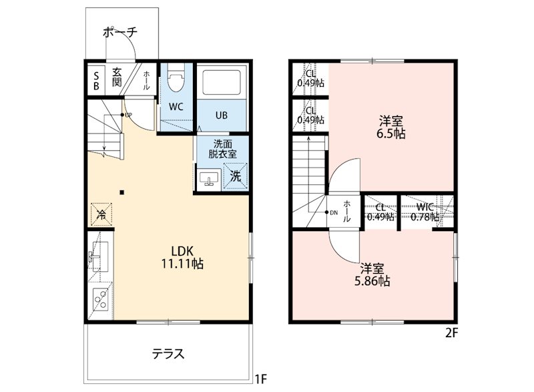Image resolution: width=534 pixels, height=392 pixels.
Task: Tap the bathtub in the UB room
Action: coord(222,82)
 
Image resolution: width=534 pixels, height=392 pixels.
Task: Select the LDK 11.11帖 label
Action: coord(182,257)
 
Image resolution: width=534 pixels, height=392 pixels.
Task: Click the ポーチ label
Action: coord(120,32)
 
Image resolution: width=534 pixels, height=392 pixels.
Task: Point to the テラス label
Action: coord(168,354)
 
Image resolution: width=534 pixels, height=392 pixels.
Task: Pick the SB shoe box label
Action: coord(96,81)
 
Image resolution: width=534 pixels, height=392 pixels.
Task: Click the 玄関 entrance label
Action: coord(117,77)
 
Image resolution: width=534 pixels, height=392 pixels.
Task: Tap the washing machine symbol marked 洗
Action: coord(236,176)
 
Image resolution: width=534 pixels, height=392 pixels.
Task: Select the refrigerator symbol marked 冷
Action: coord(101,214)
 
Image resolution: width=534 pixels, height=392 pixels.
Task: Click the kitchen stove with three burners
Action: coord(101,299)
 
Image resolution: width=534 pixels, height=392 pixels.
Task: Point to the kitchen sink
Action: coord(98,256)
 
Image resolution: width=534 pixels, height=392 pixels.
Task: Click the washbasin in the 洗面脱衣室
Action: coord(209,179)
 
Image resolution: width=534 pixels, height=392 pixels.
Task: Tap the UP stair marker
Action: coord(126,115)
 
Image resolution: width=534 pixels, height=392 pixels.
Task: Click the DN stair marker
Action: coord(331,212)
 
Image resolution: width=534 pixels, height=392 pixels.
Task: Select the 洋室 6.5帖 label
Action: coord(390,127)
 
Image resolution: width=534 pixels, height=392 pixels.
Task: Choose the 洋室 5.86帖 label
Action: coord(372,275)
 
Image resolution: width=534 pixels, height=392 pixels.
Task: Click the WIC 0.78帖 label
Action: coord(425,212)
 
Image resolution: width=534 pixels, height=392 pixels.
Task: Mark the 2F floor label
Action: coord(452,332)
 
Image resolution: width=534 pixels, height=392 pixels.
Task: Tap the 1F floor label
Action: coord(261,379)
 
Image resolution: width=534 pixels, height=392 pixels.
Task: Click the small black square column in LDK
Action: coord(122,193)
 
